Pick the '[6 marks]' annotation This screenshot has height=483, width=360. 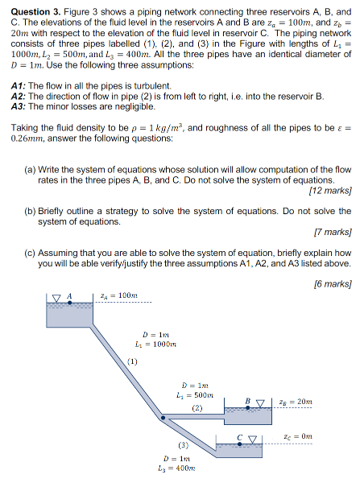tap(333, 283)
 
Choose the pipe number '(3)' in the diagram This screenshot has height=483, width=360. tap(183, 445)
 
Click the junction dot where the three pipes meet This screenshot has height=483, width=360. tap(161, 418)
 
